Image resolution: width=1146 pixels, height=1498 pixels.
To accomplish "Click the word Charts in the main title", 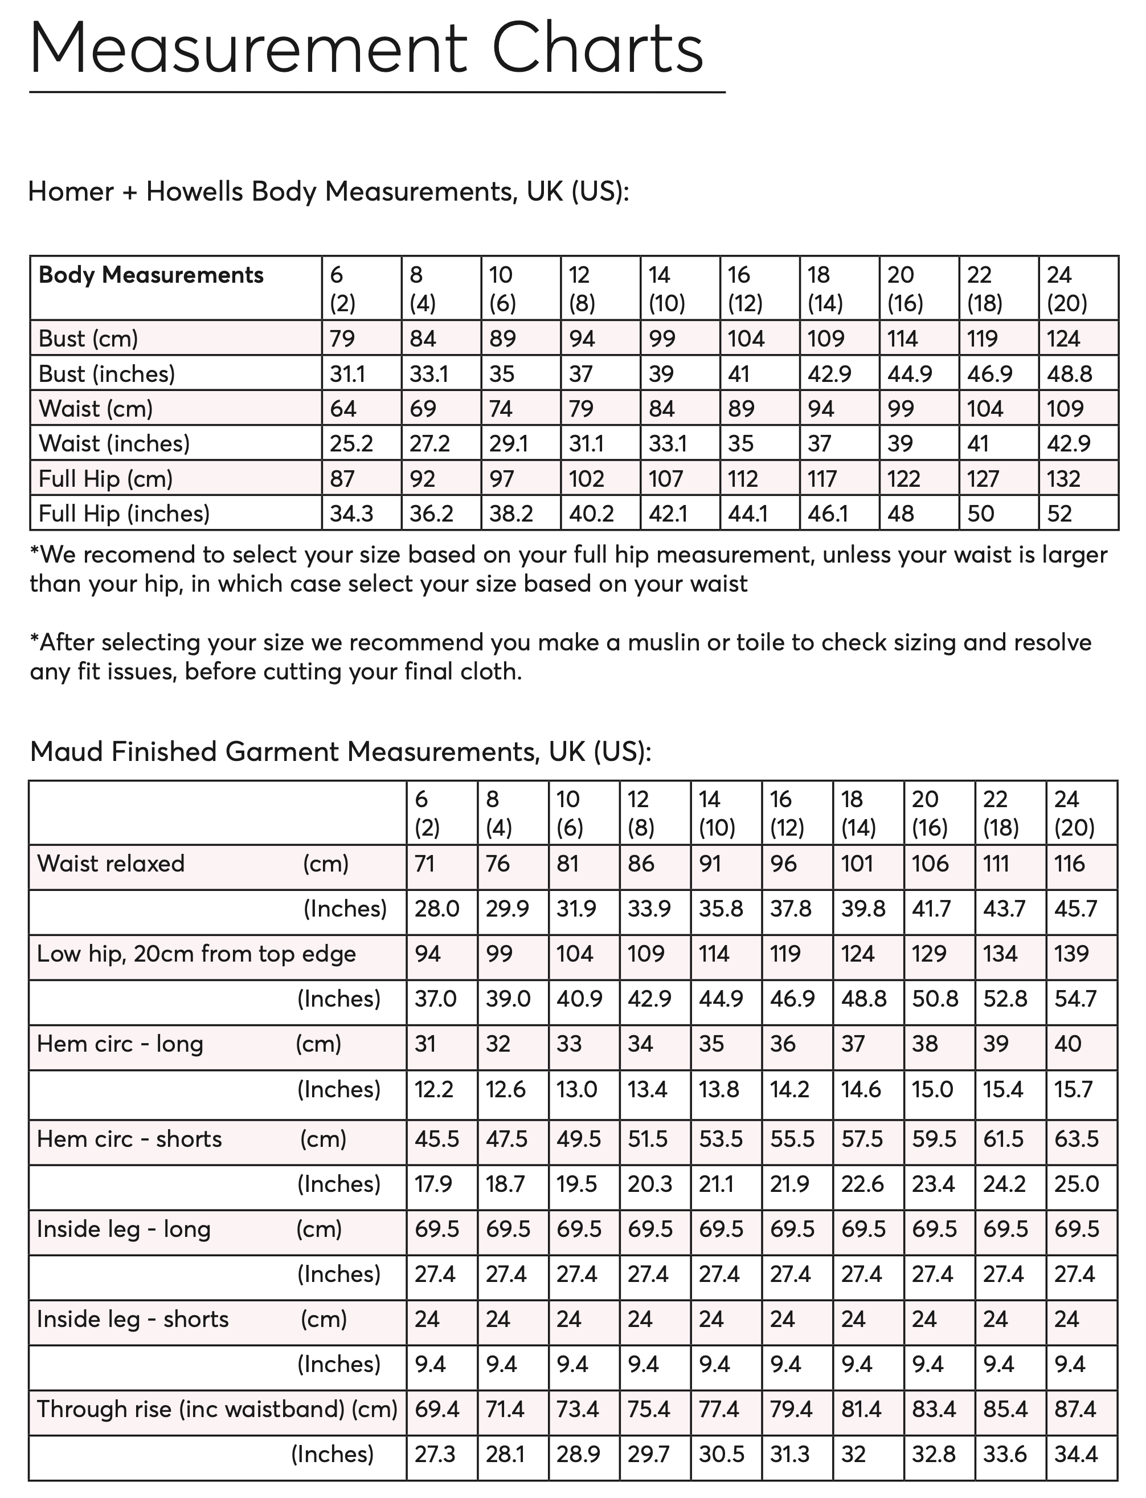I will (x=597, y=49).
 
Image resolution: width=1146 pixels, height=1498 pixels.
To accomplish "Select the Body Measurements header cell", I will (x=151, y=275).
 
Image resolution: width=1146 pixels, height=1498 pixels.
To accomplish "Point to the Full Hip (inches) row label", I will (x=124, y=513).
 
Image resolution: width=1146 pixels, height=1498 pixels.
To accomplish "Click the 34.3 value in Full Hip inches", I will (x=351, y=513).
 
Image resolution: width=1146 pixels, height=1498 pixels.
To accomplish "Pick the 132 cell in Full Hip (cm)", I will (x=1063, y=478).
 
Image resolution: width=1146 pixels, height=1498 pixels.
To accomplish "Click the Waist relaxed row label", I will (x=110, y=864).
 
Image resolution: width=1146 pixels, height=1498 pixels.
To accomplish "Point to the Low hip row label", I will (x=196, y=954).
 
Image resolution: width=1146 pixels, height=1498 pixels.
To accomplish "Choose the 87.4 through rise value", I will (x=1075, y=1409).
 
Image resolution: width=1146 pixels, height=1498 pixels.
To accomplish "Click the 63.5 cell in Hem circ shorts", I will (x=1077, y=1138).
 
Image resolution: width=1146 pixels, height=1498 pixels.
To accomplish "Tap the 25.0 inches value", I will (x=1077, y=1183).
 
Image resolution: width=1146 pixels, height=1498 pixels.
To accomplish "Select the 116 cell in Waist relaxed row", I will (x=1069, y=864).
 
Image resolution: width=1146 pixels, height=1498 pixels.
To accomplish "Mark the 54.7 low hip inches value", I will (x=1075, y=999).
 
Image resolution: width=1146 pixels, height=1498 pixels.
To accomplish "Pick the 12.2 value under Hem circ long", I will (x=434, y=1089).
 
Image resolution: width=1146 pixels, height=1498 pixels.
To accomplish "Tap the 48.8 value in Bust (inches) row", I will (x=1069, y=374).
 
